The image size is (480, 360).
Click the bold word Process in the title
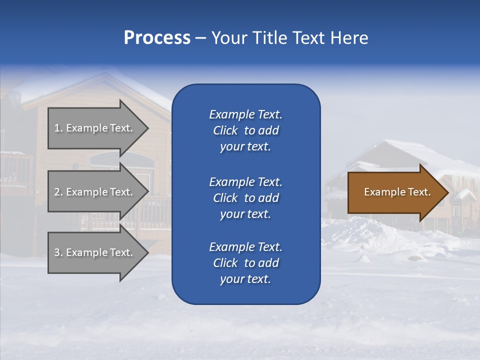pyautogui.click(x=157, y=38)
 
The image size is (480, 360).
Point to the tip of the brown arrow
pyautogui.click(x=447, y=192)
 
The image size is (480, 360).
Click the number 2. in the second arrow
pyautogui.click(x=58, y=192)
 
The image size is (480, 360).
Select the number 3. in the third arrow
pyautogui.click(x=58, y=252)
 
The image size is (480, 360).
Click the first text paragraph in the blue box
pyautogui.click(x=245, y=130)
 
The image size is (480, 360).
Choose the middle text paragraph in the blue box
pyautogui.click(x=245, y=198)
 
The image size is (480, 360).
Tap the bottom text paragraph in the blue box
pyautogui.click(x=245, y=263)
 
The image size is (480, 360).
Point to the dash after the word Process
pyautogui.click(x=200, y=38)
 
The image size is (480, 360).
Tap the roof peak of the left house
pyautogui.click(x=104, y=75)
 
